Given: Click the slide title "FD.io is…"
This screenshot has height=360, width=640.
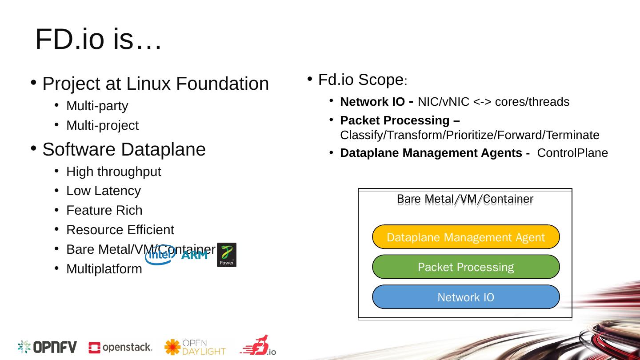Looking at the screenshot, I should click(98, 40).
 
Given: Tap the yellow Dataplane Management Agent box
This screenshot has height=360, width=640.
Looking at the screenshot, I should click(465, 237).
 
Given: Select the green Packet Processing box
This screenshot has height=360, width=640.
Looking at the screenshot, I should click(465, 267).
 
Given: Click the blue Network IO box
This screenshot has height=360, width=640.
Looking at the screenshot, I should click(465, 297).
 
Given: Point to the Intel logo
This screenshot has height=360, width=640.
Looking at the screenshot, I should click(160, 255).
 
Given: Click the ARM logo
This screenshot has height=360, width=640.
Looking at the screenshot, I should click(194, 255).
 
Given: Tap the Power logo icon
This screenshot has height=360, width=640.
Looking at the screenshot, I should click(226, 255).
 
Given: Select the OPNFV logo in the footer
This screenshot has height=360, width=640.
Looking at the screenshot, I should click(47, 347).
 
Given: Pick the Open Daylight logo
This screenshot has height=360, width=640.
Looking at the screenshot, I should click(195, 347).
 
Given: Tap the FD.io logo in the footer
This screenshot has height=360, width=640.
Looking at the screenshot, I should click(258, 346).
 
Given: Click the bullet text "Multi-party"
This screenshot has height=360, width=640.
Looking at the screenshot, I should click(97, 106).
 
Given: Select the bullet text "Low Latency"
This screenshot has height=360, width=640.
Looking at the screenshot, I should click(103, 191).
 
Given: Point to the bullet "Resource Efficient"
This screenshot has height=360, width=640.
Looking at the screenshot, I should click(120, 230).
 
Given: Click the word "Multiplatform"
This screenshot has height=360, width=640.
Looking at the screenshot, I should click(104, 269).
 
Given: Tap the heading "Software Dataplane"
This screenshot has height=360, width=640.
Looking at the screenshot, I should click(124, 150).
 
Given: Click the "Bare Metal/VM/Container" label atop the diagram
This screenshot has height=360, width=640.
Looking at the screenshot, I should click(465, 198).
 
